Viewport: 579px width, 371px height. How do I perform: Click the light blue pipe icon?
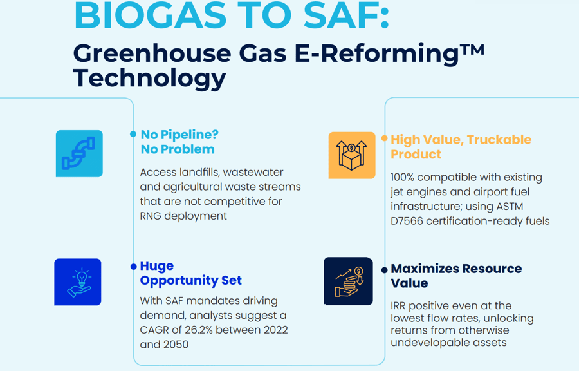coord(79,153)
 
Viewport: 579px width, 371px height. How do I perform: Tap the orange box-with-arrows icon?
coord(352,155)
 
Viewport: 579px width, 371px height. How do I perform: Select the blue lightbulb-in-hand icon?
coord(78,282)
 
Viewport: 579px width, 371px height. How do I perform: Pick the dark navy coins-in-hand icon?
coord(348,281)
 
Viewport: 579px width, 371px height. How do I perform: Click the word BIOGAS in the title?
coord(150,15)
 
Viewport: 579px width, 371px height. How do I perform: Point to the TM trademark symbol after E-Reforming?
coord(472,50)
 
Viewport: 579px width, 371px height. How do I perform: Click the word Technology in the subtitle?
coord(149,78)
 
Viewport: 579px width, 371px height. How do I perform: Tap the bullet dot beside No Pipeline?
coord(133,134)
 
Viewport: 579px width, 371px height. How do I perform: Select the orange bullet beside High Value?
coord(385,138)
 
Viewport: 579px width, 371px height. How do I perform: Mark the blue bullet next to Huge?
coord(134,267)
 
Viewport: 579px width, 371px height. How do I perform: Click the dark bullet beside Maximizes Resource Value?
coord(385,270)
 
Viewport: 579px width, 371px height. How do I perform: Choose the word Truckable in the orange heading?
coord(499,140)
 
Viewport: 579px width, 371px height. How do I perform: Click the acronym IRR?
coord(398,306)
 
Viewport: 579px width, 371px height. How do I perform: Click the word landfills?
coord(198,172)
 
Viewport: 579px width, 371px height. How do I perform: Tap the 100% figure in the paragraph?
coord(403,177)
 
